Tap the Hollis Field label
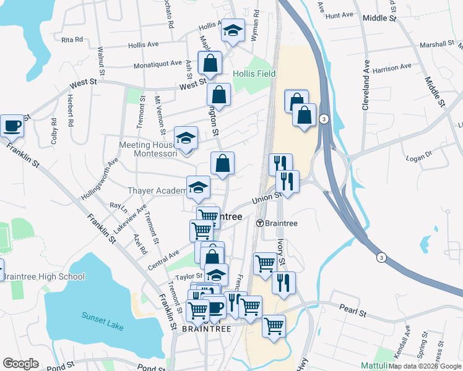pyautogui.click(x=254, y=74)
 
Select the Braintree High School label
pyautogui.click(x=43, y=276)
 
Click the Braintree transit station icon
pyautogui.click(x=261, y=223)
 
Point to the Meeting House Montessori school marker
pyautogui.click(x=186, y=139)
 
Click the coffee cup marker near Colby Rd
pyautogui.click(x=12, y=126)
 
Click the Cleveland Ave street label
pyautogui.click(x=366, y=85)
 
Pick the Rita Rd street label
pyautogui.click(x=72, y=40)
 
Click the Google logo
pyautogui.click(x=20, y=364)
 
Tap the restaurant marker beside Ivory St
pyautogui.click(x=283, y=283)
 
